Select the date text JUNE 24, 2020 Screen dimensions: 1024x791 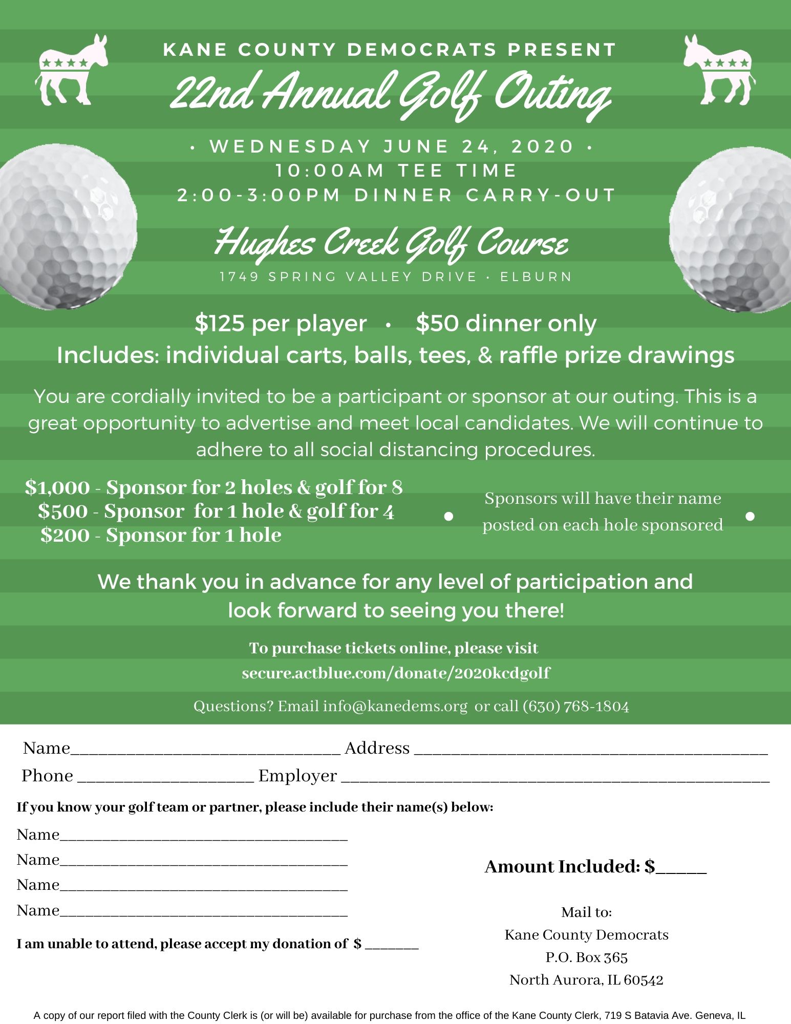tap(478, 146)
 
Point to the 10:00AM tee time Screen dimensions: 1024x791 tap(330, 170)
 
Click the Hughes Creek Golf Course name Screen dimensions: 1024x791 tap(392, 243)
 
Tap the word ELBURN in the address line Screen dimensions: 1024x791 tap(536, 277)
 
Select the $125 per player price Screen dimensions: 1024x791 tap(281, 324)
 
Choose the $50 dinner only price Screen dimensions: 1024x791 tap(506, 324)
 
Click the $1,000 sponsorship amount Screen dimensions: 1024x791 tap(57, 487)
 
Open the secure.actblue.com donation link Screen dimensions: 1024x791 tap(396, 673)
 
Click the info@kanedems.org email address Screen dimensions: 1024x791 tap(395, 707)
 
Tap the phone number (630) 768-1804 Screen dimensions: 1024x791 tap(575, 707)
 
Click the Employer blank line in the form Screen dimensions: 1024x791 tap(555, 777)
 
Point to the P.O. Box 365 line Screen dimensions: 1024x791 tap(586, 957)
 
